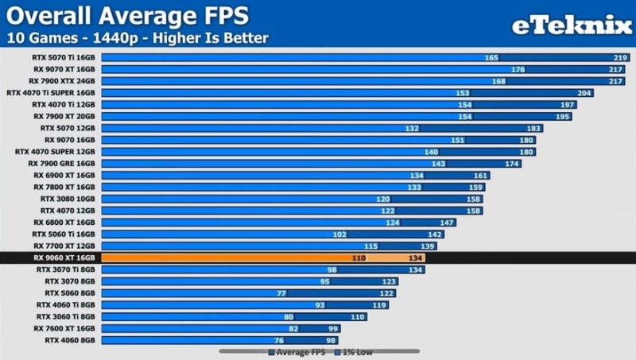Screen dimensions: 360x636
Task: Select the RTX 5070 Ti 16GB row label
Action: pyautogui.click(x=64, y=57)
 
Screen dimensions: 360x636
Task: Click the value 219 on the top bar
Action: pyautogui.click(x=620, y=57)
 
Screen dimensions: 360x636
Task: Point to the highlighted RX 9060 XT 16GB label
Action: pyautogui.click(x=64, y=257)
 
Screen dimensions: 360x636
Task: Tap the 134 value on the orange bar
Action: pyautogui.click(x=415, y=257)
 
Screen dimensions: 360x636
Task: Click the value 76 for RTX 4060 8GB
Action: pyautogui.click(x=279, y=340)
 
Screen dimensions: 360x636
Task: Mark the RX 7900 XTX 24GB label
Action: pyautogui.click(x=62, y=81)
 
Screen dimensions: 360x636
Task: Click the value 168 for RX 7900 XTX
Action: pyautogui.click(x=499, y=81)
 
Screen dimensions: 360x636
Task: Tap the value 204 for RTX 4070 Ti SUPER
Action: pyautogui.click(x=584, y=93)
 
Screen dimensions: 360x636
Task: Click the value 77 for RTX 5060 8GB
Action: pyautogui.click(x=281, y=293)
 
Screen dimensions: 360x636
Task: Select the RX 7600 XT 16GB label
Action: pyautogui.click(x=64, y=328)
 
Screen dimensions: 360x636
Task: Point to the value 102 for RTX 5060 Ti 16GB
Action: pyautogui.click(x=339, y=234)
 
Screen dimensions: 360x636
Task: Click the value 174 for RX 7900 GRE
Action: pyautogui.click(x=511, y=164)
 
